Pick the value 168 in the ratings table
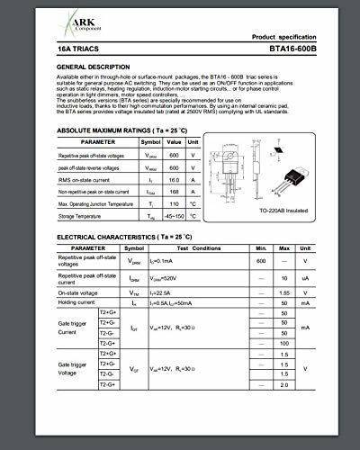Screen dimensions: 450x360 [x=174, y=192]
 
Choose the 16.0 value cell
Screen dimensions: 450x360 [x=174, y=180]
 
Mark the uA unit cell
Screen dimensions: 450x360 [x=330, y=280]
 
